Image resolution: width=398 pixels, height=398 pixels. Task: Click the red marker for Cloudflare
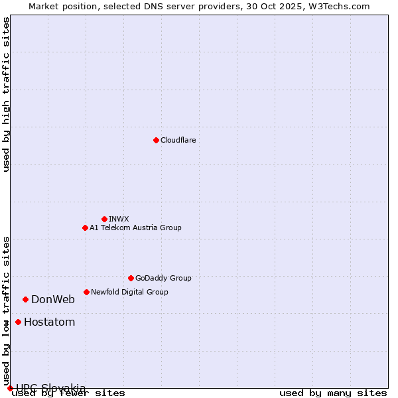tap(156, 140)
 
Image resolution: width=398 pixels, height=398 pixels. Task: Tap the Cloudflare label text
tap(178, 140)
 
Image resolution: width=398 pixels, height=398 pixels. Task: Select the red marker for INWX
tap(104, 219)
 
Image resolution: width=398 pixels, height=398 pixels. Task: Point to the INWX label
tap(119, 219)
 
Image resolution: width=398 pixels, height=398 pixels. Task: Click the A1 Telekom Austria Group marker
tap(85, 228)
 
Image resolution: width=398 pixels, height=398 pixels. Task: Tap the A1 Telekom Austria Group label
tap(135, 228)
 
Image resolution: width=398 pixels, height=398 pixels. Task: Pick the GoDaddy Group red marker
tap(131, 278)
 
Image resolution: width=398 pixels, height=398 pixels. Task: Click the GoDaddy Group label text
tap(163, 278)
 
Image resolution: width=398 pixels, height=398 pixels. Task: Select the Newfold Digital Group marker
tap(86, 292)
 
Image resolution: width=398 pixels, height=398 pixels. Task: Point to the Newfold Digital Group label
tap(129, 292)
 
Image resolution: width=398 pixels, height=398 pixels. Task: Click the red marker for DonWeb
tap(25, 299)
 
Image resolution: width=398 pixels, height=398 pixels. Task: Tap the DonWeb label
tap(53, 299)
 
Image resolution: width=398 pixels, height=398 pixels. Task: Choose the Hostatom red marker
tap(18, 322)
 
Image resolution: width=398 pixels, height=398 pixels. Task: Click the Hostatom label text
tap(50, 322)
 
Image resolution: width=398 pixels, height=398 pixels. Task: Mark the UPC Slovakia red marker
tap(10, 388)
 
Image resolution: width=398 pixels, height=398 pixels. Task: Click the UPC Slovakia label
tap(51, 388)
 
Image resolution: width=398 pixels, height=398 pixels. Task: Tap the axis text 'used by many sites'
tap(333, 393)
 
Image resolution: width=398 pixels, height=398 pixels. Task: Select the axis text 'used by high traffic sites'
tap(6, 94)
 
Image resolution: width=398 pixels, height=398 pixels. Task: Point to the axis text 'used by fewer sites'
tap(68, 393)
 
